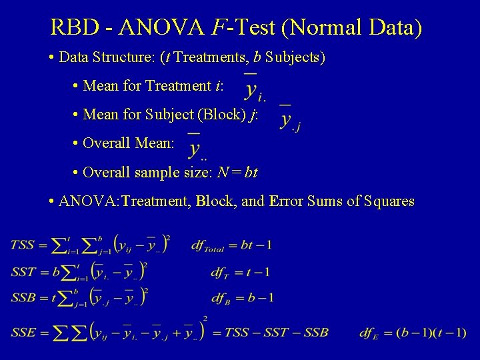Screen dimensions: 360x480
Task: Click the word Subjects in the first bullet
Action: click(x=294, y=57)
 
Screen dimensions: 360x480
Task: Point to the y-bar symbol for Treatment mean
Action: click(x=254, y=86)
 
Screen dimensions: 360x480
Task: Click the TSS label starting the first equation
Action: click(x=22, y=245)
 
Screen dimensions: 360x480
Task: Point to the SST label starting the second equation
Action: click(x=22, y=272)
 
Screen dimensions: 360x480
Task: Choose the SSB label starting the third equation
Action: click(x=22, y=297)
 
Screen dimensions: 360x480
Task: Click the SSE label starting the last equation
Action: click(x=22, y=331)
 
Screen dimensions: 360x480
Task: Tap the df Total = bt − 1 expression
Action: click(x=231, y=245)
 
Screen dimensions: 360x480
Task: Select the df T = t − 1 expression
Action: click(x=240, y=272)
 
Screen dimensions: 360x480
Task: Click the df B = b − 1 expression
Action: click(x=242, y=297)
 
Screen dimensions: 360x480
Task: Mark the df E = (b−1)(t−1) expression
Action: click(x=413, y=332)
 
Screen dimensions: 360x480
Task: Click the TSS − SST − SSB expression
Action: click(x=277, y=332)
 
